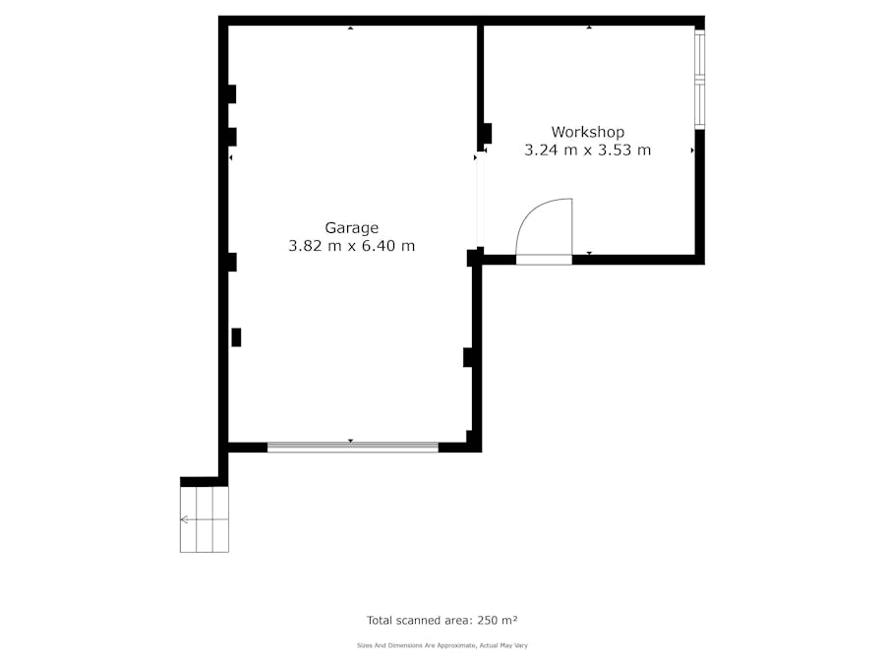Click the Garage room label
pyautogui.click(x=351, y=228)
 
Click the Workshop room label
pyautogui.click(x=588, y=132)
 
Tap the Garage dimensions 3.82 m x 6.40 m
pyautogui.click(x=352, y=246)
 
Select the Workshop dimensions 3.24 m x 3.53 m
pyautogui.click(x=588, y=151)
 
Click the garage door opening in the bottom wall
pyautogui.click(x=353, y=448)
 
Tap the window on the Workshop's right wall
pyautogui.click(x=700, y=79)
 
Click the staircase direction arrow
pyautogui.click(x=205, y=519)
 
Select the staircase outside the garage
pyautogui.click(x=205, y=519)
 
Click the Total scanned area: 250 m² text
pyautogui.click(x=442, y=621)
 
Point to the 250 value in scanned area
pyautogui.click(x=488, y=621)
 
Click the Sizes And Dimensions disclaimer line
pyautogui.click(x=442, y=645)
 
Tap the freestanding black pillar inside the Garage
pyautogui.click(x=236, y=337)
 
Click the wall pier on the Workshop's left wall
pyautogui.click(x=487, y=134)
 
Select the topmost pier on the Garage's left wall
pyautogui.click(x=231, y=93)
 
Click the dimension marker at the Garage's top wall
pyautogui.click(x=350, y=28)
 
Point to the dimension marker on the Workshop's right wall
pyautogui.click(x=692, y=151)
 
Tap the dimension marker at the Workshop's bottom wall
pyautogui.click(x=589, y=253)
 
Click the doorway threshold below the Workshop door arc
pyautogui.click(x=544, y=260)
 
